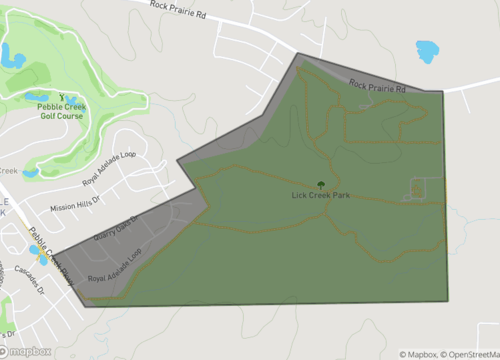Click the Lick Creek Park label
point(321,195)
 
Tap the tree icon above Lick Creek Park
point(321,184)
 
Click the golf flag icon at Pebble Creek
point(62,97)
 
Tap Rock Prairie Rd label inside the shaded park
point(377,89)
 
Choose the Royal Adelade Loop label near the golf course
point(107,164)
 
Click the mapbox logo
point(26,351)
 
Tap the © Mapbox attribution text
point(422,353)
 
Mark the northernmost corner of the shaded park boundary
point(298,54)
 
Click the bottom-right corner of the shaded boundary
point(447,300)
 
